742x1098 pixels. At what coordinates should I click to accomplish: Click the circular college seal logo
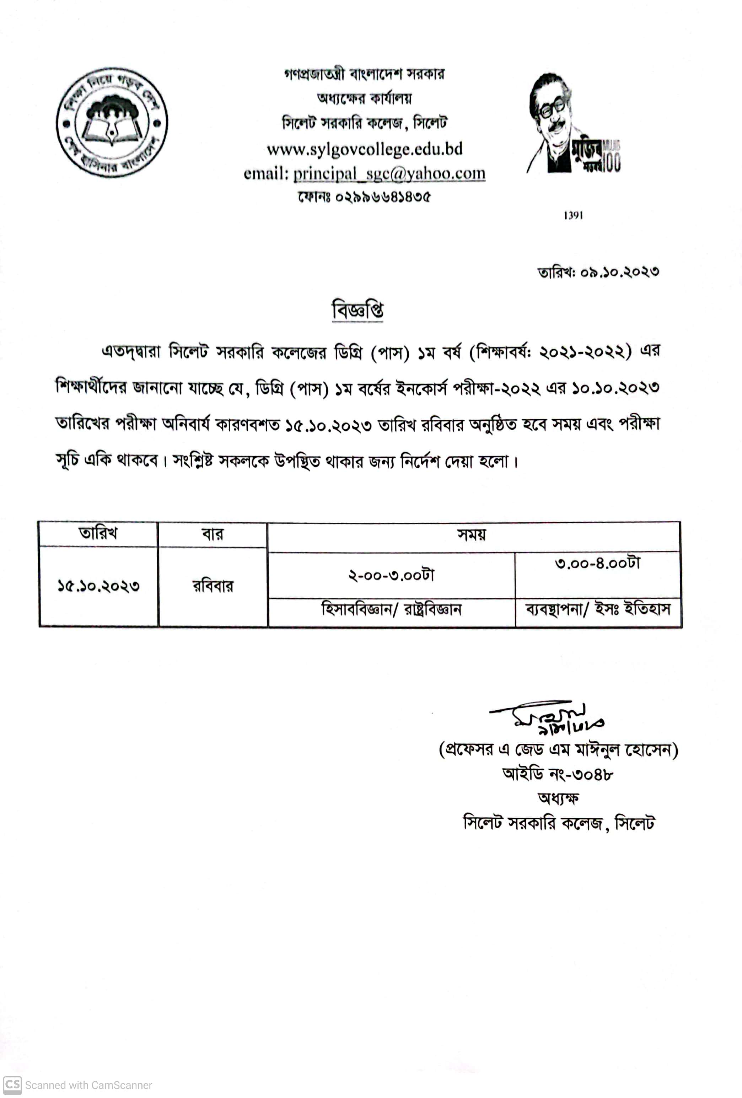tap(112, 122)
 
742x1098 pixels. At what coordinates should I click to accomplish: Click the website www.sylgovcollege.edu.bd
tap(364, 149)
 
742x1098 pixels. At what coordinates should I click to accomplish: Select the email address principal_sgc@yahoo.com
tap(389, 173)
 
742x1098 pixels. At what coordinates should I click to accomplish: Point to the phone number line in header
tap(364, 197)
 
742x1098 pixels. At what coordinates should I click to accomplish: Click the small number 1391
tap(573, 215)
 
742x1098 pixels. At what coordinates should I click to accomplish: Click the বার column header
tap(213, 534)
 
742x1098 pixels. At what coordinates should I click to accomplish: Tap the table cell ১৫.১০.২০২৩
tap(98, 586)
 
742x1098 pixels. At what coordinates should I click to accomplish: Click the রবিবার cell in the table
tap(213, 586)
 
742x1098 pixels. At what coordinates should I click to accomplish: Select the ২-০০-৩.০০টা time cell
tap(391, 575)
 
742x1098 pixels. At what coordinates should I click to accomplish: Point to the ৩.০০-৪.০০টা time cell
tap(597, 563)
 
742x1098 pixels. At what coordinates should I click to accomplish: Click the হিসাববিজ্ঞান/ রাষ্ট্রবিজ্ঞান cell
tap(391, 609)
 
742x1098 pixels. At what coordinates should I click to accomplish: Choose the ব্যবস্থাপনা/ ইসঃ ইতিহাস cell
tap(597, 609)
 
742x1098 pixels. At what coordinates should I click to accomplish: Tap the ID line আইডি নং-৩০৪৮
tap(558, 774)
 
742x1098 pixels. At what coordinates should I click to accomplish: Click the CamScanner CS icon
tap(12, 1085)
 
